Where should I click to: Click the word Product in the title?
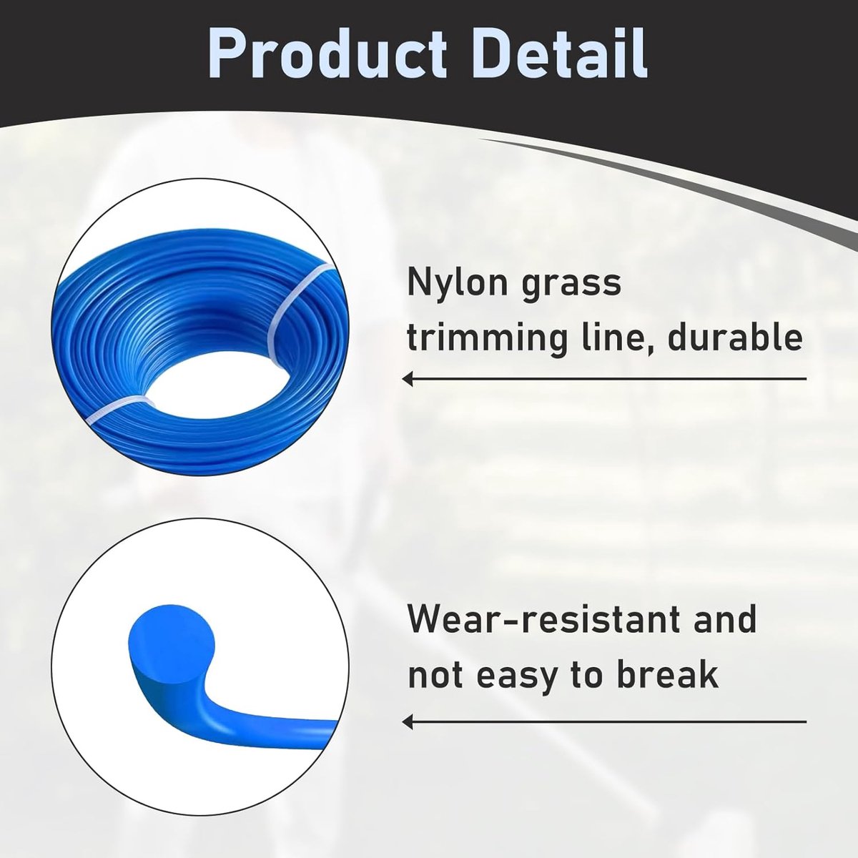327,54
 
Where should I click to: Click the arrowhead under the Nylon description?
407,380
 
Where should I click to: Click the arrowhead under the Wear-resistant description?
407,721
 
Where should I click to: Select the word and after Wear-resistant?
725,621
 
